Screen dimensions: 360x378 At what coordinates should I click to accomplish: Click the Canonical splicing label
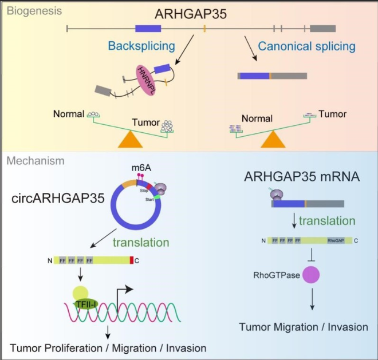306,46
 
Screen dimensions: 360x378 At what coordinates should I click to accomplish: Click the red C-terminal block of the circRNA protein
132,260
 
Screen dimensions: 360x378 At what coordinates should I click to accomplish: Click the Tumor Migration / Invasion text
304,327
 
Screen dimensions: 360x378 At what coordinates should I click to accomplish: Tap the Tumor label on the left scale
146,122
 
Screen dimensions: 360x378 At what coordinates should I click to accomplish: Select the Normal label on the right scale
257,119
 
